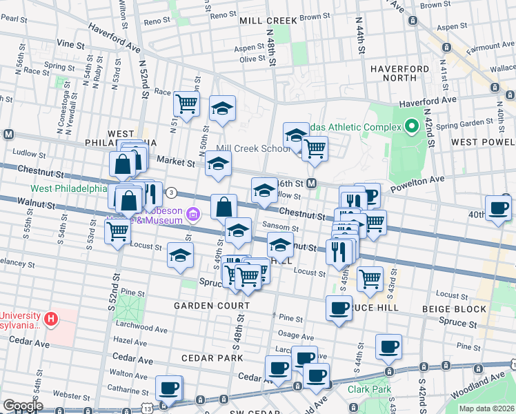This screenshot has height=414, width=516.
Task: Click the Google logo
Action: click(x=23, y=406)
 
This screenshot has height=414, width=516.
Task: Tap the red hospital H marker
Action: click(x=50, y=319)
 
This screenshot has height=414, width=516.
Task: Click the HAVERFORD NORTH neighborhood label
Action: click(x=404, y=75)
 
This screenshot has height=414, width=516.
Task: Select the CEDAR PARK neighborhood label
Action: click(x=212, y=358)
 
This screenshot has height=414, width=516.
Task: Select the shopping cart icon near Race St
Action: click(x=186, y=103)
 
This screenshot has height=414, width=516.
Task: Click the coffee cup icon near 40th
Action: click(x=497, y=208)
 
